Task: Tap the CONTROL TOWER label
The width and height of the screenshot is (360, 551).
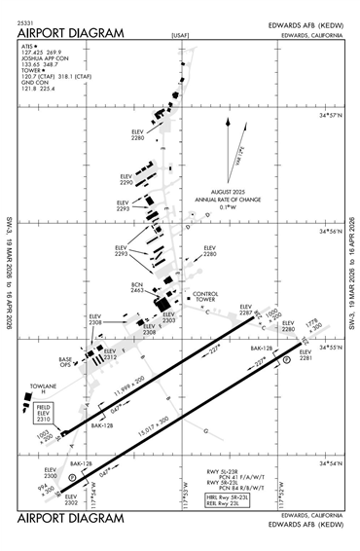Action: (x=206, y=297)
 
